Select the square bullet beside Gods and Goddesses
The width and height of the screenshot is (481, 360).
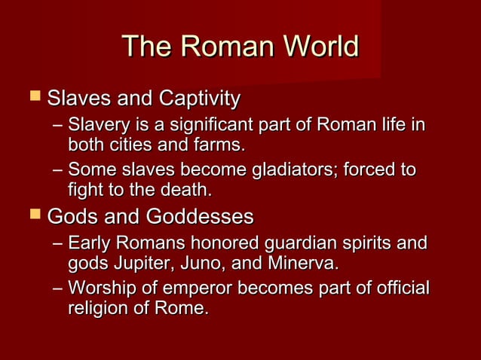point(32,217)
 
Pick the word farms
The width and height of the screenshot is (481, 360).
point(221,143)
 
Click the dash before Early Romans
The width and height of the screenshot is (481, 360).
point(59,245)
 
